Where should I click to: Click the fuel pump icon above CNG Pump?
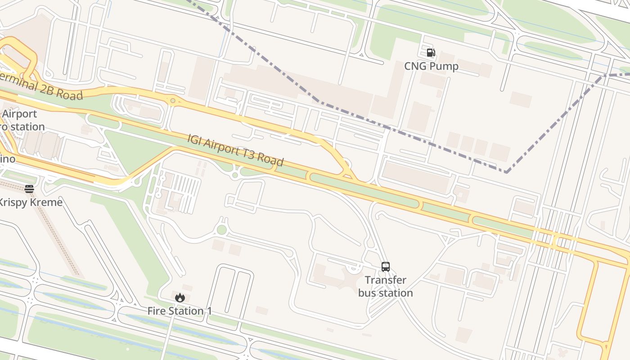click(431, 53)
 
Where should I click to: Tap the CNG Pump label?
click(431, 66)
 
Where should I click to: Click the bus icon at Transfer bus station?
click(386, 266)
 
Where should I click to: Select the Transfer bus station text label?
click(386, 286)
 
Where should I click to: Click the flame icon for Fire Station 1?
click(180, 297)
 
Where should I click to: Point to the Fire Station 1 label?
click(180, 311)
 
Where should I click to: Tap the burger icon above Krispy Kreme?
click(29, 189)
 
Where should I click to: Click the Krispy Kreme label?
click(30, 202)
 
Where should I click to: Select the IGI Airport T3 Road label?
click(235, 150)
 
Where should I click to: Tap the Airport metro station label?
click(20, 120)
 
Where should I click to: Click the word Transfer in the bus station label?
click(386, 280)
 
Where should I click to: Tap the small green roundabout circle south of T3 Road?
click(221, 230)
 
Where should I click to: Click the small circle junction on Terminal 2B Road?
click(173, 100)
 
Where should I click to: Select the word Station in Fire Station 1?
click(186, 311)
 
